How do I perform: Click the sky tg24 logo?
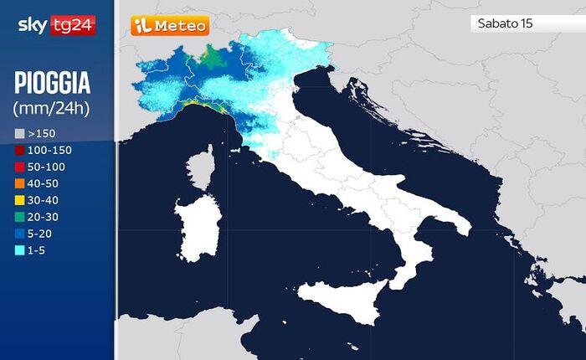click(56, 26)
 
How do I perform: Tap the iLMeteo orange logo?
click(170, 25)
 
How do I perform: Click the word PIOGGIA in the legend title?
click(52, 84)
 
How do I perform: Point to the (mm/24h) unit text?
click(52, 108)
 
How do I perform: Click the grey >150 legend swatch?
click(19, 133)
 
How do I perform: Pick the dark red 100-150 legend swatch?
click(19, 150)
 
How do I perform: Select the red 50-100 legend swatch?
click(19, 167)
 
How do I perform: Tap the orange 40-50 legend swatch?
click(19, 183)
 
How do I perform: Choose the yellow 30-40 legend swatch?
click(19, 200)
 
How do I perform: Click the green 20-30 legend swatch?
click(19, 217)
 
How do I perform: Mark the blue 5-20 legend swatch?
click(19, 234)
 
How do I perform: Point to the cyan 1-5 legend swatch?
click(19, 250)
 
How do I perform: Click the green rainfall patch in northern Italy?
click(215, 58)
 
